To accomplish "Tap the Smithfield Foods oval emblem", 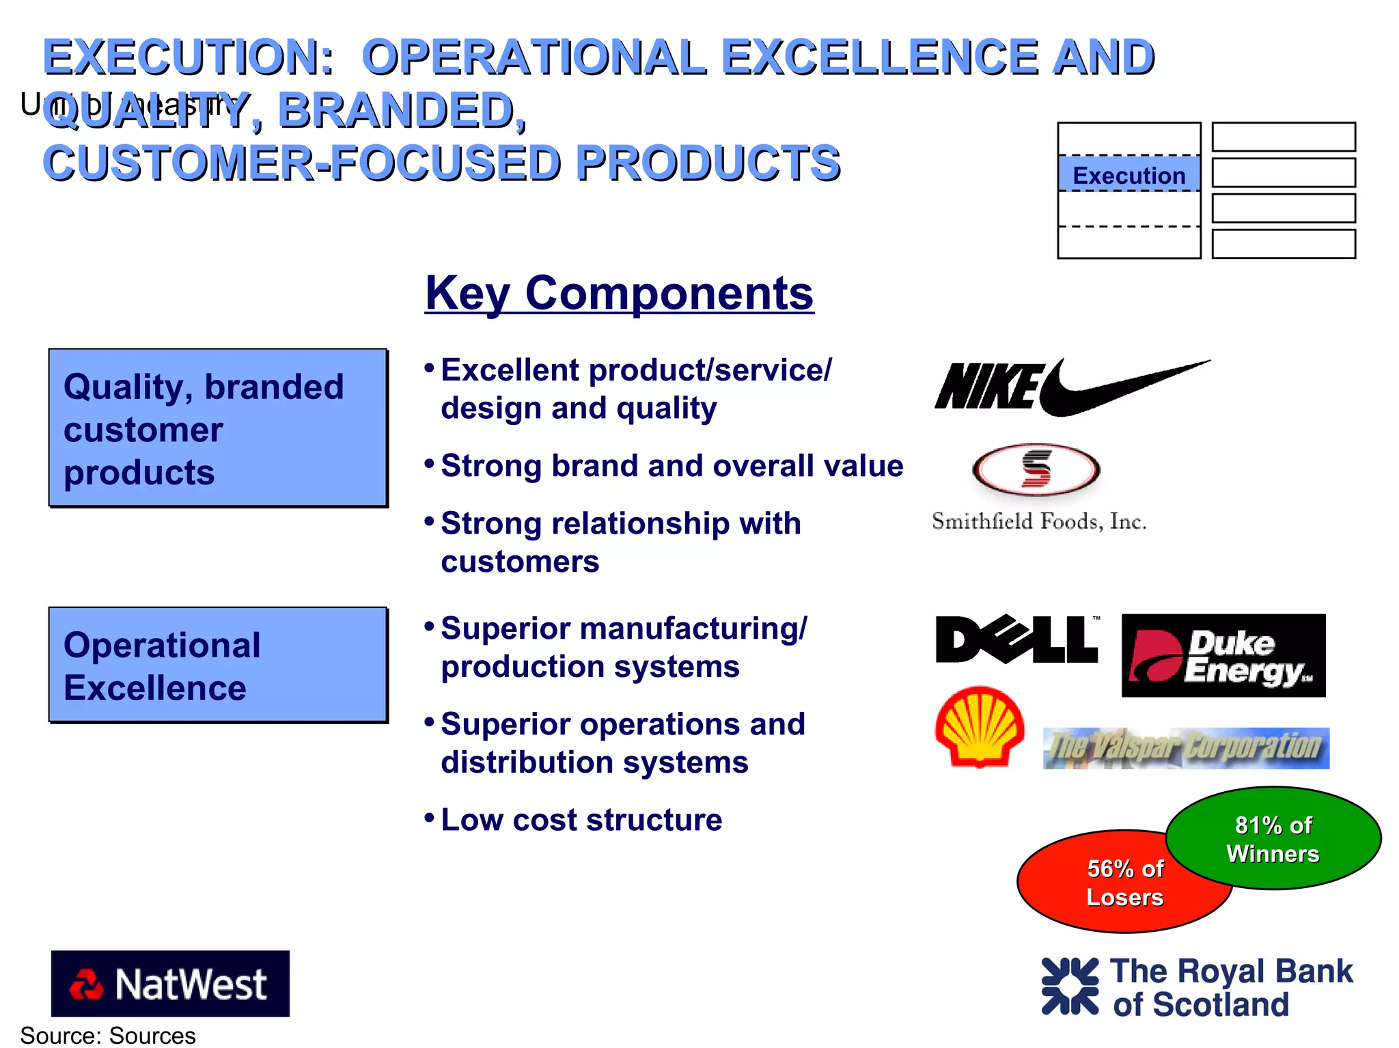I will pyautogui.click(x=1036, y=470).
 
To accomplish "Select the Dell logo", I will pyautogui.click(x=1016, y=639).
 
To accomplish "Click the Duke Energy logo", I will pyautogui.click(x=1223, y=656).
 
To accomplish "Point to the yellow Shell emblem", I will pyautogui.click(x=980, y=727).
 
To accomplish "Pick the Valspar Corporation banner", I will pyautogui.click(x=1186, y=749).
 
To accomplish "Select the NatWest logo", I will pyautogui.click(x=170, y=984).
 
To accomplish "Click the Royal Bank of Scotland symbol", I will pyautogui.click(x=1070, y=987).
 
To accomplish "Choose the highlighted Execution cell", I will pyautogui.click(x=1128, y=175).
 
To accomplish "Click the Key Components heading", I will pyautogui.click(x=619, y=294).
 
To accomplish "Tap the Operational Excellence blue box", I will pyautogui.click(x=218, y=665).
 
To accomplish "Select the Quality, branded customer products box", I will pyautogui.click(x=218, y=428).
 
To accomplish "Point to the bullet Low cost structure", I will pyautogui.click(x=581, y=820).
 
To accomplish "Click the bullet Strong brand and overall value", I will pyautogui.click(x=671, y=466).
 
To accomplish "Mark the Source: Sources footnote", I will pyautogui.click(x=108, y=1036).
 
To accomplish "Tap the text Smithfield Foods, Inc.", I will pyautogui.click(x=1038, y=522).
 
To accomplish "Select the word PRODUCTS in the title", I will pyautogui.click(x=708, y=164).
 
